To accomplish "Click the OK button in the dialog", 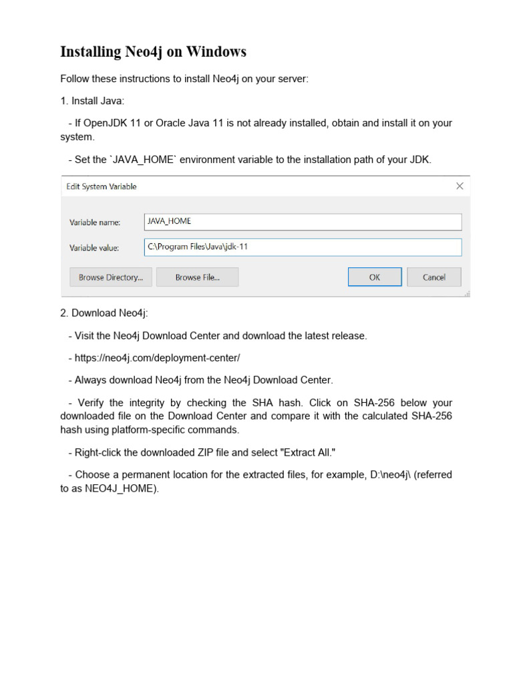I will pos(375,277).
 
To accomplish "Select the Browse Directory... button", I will pos(111,277).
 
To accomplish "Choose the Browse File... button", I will pos(197,277).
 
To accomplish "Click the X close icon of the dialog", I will pos(460,186).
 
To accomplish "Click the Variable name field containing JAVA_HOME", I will pos(303,222).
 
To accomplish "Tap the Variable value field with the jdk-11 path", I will pos(303,247).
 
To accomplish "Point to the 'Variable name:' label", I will pos(94,222).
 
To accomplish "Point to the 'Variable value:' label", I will pos(94,248).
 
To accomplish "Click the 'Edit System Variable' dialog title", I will pos(102,186).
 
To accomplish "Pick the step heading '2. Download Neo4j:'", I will pos(104,313).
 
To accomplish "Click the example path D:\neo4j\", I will pos(392,475).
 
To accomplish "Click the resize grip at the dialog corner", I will pos(467,293).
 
